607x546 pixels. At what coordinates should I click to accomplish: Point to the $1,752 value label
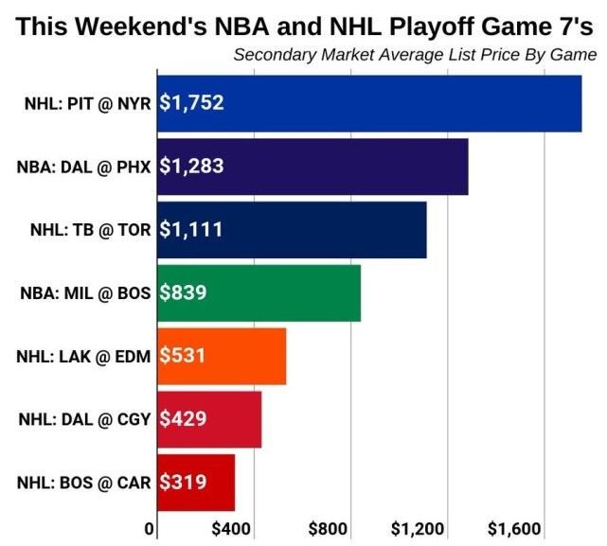[191, 103]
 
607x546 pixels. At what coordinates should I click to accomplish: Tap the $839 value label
[183, 292]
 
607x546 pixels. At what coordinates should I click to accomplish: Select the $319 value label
[183, 482]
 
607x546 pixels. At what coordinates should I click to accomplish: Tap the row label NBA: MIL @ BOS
[84, 293]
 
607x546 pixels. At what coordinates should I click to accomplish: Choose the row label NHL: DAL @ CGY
[84, 419]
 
